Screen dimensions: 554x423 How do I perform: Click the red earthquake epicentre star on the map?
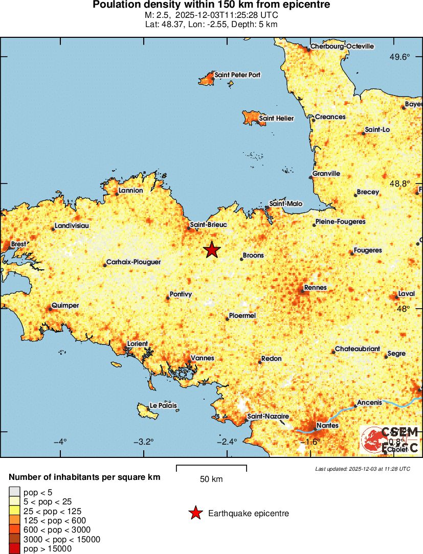[212, 249]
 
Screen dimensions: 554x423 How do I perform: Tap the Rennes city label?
[315, 288]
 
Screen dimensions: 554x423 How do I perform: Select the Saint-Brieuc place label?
[208, 224]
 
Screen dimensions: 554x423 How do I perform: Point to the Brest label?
[18, 244]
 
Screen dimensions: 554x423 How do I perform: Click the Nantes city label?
[327, 425]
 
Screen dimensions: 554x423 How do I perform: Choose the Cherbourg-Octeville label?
[342, 47]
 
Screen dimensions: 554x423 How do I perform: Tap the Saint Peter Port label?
[237, 75]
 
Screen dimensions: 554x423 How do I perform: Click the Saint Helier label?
[276, 119]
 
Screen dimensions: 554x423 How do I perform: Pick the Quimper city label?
[65, 306]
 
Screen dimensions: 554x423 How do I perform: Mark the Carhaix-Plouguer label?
[133, 262]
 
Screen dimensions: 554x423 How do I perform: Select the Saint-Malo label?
[286, 204]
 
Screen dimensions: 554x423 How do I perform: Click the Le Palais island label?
[163, 406]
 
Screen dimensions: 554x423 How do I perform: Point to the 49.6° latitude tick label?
[400, 57]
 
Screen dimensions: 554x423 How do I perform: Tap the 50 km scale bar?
[211, 468]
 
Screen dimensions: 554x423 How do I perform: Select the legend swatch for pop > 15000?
[14, 549]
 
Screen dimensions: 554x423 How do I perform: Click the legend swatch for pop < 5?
[14, 493]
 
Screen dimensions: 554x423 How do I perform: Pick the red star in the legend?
[195, 513]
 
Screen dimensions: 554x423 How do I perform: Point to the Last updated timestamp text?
[362, 469]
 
